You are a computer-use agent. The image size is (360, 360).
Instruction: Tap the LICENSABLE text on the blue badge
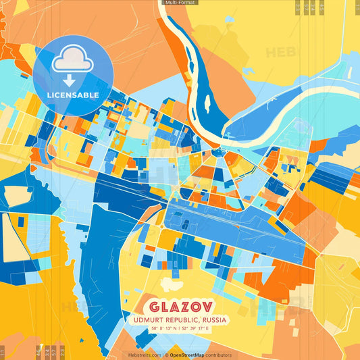coord(73,95)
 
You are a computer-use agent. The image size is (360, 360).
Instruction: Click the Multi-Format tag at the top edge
coord(180,3)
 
